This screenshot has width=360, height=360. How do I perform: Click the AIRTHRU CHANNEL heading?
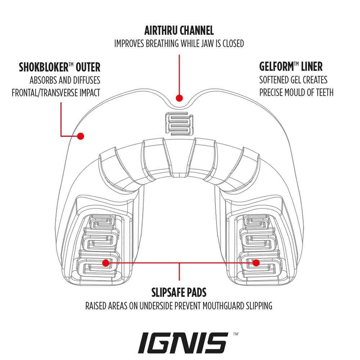(x=179, y=30)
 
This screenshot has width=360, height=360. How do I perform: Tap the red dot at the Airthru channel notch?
(x=179, y=98)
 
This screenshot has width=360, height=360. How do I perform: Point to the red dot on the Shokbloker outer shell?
(x=81, y=136)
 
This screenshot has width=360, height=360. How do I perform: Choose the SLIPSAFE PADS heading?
(x=179, y=292)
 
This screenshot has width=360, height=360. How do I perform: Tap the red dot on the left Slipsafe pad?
(x=105, y=263)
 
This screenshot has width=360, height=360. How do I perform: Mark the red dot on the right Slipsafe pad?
(x=256, y=263)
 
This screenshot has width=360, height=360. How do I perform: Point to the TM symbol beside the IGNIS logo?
(x=236, y=334)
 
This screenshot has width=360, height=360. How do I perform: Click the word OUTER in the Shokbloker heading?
(x=87, y=67)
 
